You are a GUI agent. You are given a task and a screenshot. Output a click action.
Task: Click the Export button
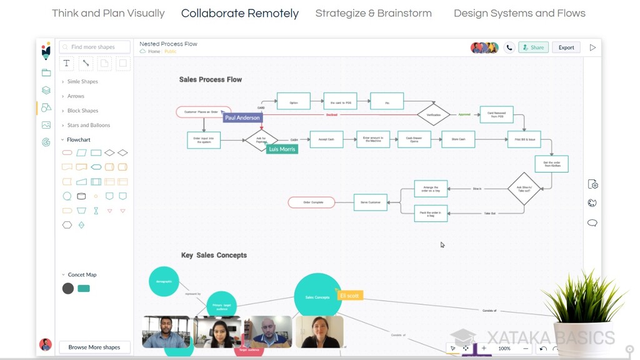tap(566, 47)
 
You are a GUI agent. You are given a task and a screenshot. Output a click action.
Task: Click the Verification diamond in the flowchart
tap(433, 114)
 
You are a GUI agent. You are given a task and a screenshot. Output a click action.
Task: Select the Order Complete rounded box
tap(311, 202)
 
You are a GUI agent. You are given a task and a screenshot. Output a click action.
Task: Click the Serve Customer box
tap(370, 202)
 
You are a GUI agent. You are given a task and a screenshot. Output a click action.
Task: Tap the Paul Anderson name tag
tap(242, 117)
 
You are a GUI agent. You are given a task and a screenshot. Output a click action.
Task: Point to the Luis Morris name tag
tap(282, 149)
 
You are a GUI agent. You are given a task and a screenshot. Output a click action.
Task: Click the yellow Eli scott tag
tap(349, 295)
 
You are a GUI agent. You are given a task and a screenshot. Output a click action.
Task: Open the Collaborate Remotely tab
tap(240, 13)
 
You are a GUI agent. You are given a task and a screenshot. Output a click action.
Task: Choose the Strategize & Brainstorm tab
tap(373, 13)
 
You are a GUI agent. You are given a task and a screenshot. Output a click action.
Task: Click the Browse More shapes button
tap(94, 347)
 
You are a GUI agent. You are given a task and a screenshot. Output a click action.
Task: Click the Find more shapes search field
tap(95, 47)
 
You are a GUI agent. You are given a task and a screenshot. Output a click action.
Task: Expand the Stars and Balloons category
tap(88, 125)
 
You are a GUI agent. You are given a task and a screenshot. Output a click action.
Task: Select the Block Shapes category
tap(82, 111)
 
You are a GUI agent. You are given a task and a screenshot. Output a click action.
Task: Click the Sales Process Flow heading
tap(210, 79)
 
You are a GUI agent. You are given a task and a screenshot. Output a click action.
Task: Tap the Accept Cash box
tap(326, 139)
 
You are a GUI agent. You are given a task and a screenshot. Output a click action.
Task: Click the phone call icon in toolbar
tap(509, 47)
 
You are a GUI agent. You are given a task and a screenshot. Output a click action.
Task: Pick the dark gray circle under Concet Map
tap(68, 288)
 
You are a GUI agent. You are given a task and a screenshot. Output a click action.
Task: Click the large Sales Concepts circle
tap(317, 297)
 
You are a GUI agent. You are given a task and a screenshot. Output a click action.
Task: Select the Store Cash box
tap(458, 139)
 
